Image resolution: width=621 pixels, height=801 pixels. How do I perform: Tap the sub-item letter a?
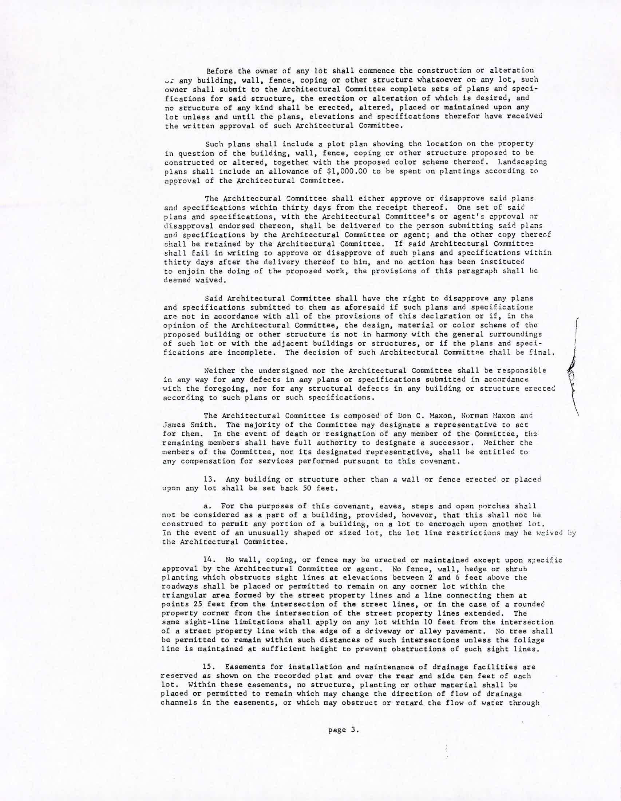click(x=206, y=507)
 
